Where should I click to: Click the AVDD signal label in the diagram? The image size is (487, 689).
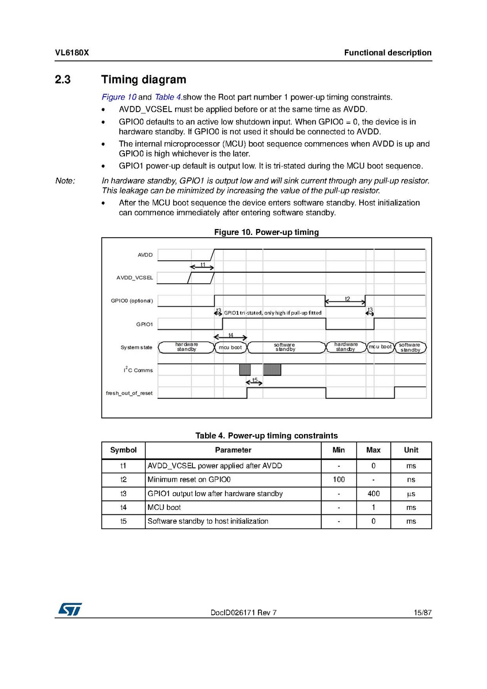144,255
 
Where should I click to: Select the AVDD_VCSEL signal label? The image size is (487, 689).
135,278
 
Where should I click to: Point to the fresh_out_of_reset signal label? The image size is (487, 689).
129,393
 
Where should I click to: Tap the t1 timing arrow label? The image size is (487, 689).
203,264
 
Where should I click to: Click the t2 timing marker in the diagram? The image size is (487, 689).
347,299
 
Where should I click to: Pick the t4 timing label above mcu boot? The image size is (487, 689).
231,335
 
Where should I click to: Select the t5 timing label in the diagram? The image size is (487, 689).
254,380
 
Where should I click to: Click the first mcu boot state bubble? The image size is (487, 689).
231,347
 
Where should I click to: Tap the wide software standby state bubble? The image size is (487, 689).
285,347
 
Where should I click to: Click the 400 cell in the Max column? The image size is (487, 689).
373,494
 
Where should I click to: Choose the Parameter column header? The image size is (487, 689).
233,450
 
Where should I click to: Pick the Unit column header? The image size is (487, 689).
411,450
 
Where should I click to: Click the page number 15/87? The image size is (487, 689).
423,612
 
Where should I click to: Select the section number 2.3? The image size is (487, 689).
63,80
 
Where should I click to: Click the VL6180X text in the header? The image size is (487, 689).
72,53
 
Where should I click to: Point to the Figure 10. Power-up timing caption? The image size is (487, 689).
267,232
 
